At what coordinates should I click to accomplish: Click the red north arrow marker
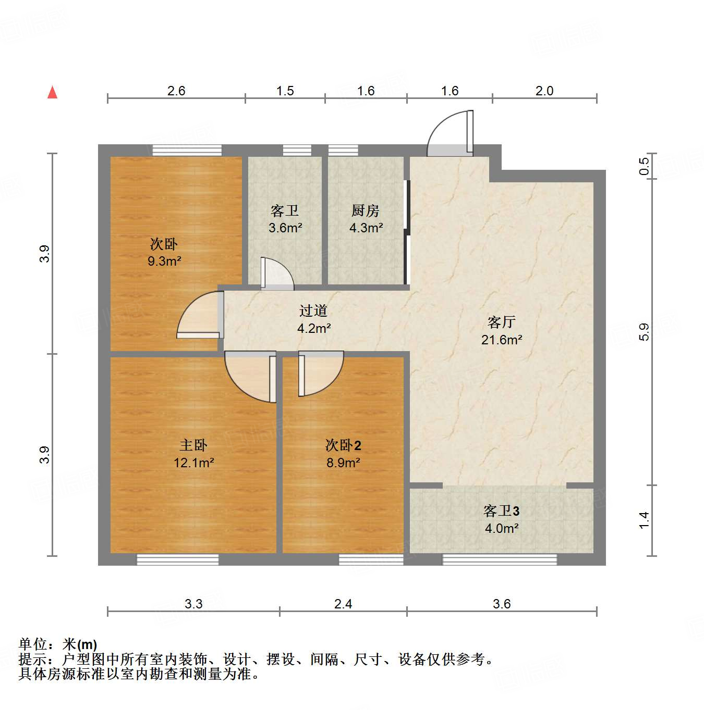point(52,92)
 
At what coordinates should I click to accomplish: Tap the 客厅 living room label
point(501,322)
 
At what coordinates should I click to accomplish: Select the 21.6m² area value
point(501,340)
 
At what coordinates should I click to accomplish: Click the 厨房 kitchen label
point(365,210)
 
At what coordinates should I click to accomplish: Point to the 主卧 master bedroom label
point(193,445)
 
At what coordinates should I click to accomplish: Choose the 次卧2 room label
point(343,445)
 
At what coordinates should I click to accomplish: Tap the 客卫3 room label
point(501,510)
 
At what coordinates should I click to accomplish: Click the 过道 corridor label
point(313,311)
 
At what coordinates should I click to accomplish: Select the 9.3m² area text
point(164,261)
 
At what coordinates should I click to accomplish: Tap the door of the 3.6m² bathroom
point(276,273)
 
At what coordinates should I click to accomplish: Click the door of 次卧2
point(320,372)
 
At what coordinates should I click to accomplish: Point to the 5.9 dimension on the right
point(645,332)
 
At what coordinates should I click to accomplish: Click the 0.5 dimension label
point(645,166)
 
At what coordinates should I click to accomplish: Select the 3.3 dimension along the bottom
point(193,604)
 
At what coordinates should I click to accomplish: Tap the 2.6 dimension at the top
point(176,91)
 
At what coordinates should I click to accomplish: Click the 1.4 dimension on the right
point(645,520)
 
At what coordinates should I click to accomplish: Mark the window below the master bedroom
point(177,560)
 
